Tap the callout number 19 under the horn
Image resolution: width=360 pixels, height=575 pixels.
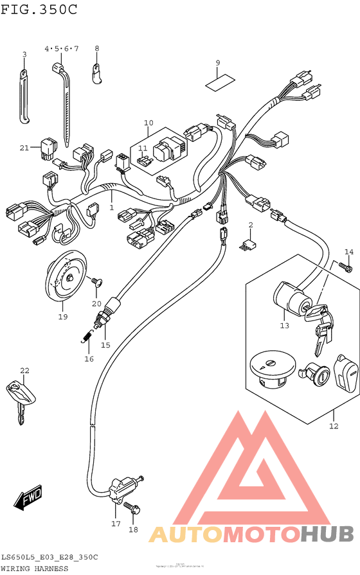63,316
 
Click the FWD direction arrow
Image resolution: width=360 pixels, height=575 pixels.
28,499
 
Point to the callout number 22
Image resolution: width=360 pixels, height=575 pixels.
24,371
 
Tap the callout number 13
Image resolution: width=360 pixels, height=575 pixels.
285,326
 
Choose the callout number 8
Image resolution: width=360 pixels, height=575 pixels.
97,48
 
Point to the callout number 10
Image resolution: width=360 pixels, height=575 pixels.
148,122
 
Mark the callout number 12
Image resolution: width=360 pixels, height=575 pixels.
333,425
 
